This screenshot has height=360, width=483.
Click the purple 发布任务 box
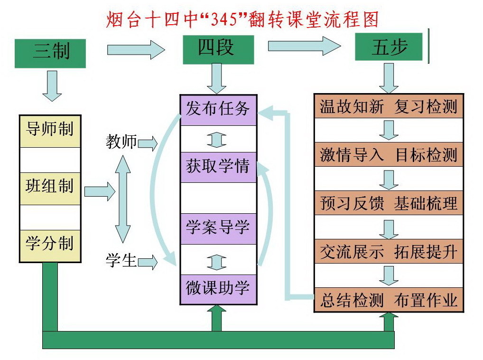tap(218, 110)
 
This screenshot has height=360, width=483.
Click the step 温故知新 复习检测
tap(389, 106)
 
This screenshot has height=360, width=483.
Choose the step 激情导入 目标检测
tap(389, 155)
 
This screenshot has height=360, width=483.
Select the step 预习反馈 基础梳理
tap(389, 203)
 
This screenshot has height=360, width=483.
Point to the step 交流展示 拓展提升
tap(389, 252)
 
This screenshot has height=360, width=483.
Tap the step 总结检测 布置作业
tap(389, 300)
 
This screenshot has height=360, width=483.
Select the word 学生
tap(121, 260)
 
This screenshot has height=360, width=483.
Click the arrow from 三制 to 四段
tap(136, 50)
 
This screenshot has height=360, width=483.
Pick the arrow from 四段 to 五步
tap(304, 46)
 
